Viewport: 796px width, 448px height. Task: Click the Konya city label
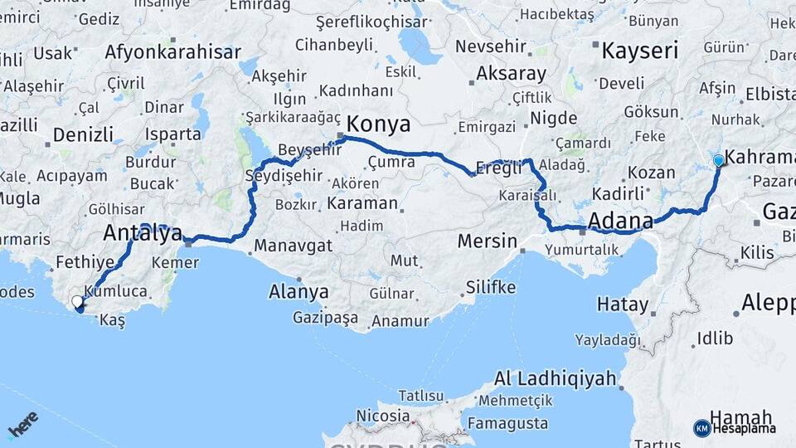[x=378, y=124]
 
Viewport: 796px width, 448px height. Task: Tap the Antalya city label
[x=143, y=235]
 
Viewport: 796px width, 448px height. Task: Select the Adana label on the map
[x=620, y=221]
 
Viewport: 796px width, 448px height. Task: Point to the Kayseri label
[x=640, y=51]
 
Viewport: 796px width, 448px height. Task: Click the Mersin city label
[x=488, y=242]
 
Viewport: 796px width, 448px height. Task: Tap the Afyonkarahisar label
[x=173, y=52]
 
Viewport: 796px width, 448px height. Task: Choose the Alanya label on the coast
[x=298, y=292]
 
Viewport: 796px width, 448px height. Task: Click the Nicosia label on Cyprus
[x=383, y=415]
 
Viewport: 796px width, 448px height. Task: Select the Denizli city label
[x=83, y=134]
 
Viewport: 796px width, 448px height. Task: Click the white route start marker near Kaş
[x=77, y=302]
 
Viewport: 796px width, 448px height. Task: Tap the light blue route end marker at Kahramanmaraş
[x=718, y=160]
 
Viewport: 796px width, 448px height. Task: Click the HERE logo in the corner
[x=22, y=424]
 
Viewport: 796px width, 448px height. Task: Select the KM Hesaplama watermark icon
[x=701, y=428]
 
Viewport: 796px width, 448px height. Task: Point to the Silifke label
[x=491, y=288]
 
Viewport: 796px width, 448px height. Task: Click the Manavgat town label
[x=293, y=246]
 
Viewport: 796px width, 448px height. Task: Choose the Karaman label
[x=362, y=203]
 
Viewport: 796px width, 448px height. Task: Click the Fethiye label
[x=85, y=263]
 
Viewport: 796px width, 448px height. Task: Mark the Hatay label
[x=623, y=304]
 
